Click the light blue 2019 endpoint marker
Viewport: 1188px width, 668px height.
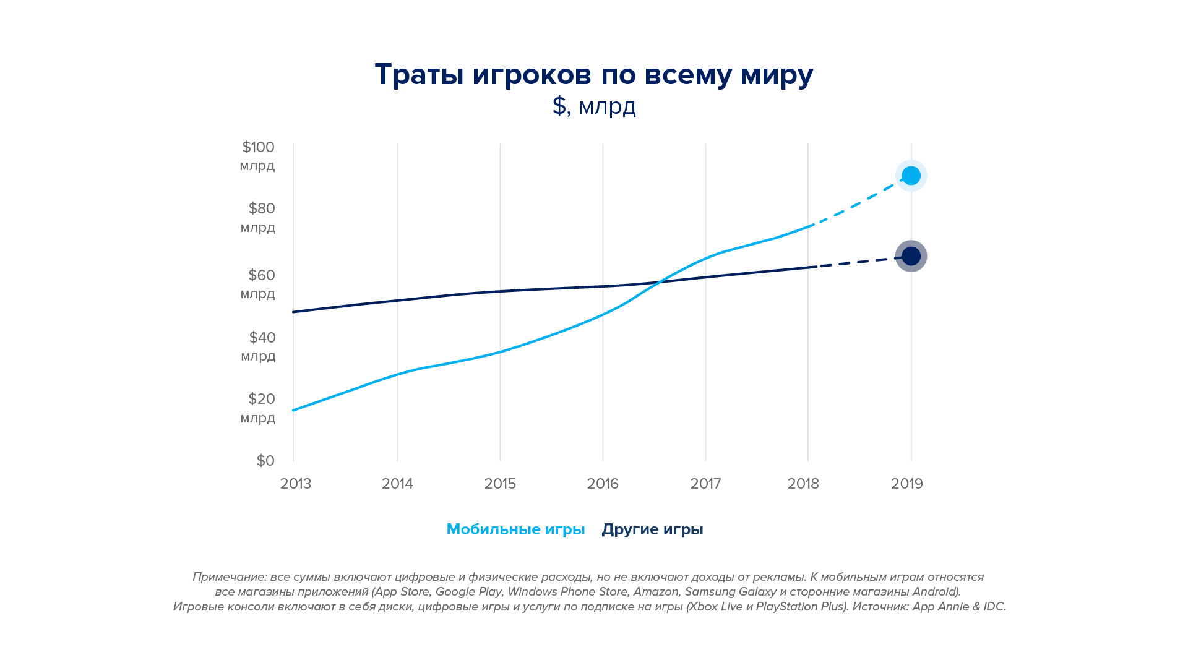911,176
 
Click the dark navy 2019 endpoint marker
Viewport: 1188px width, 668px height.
911,256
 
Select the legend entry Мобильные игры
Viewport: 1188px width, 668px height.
515,529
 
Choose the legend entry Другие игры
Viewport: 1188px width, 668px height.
652,529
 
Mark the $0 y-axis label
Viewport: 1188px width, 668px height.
265,461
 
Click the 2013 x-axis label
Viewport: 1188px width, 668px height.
296,484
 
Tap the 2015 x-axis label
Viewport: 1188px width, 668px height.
500,484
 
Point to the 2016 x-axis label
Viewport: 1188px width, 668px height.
603,484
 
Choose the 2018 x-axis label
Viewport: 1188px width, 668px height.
803,484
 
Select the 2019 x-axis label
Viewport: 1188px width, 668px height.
907,484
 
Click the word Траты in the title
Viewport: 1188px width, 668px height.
419,75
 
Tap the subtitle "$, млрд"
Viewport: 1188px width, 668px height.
594,106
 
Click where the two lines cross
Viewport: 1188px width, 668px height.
658,283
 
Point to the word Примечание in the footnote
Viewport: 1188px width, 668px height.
229,577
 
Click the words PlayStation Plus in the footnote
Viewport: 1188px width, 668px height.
801,607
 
